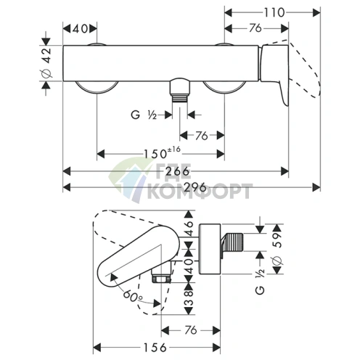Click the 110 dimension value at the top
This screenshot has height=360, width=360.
point(274,12)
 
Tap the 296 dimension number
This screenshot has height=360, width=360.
point(195,187)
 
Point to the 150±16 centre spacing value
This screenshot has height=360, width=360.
point(162,153)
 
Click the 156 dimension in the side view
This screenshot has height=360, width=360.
point(155,348)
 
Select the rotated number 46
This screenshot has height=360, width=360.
point(189,228)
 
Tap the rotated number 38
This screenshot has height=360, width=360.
point(189,298)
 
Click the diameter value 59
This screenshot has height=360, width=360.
point(277,240)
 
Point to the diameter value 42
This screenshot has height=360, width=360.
point(46,55)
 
